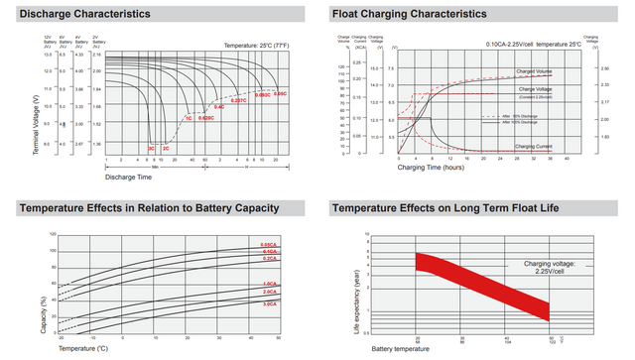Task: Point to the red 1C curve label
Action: click(x=188, y=118)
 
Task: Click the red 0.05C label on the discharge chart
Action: click(x=280, y=93)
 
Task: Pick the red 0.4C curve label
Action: click(x=220, y=106)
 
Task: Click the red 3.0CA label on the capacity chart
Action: click(x=269, y=303)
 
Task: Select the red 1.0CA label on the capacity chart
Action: click(x=269, y=285)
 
